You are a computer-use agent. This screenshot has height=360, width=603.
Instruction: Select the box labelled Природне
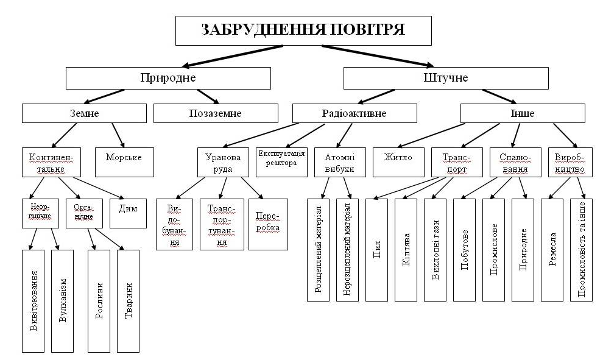pos(167,78)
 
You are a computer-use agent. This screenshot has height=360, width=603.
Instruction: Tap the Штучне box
pos(446,78)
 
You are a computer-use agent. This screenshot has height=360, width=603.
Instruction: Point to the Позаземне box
pos(215,113)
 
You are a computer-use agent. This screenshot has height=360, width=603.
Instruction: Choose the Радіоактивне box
pos(354,113)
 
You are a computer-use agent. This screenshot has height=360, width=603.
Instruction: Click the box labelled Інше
pos(522,113)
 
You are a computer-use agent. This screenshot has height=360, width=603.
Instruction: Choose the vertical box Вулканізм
pos(63,300)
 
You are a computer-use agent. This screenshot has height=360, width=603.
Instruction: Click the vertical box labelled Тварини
pos(128,300)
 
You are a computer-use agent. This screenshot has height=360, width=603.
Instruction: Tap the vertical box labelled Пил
pos(377,250)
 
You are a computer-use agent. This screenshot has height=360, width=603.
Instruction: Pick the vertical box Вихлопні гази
pos(435,250)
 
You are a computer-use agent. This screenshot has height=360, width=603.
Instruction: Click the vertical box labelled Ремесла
pos(552,250)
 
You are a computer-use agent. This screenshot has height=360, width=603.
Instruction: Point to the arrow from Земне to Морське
pos(117,135)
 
